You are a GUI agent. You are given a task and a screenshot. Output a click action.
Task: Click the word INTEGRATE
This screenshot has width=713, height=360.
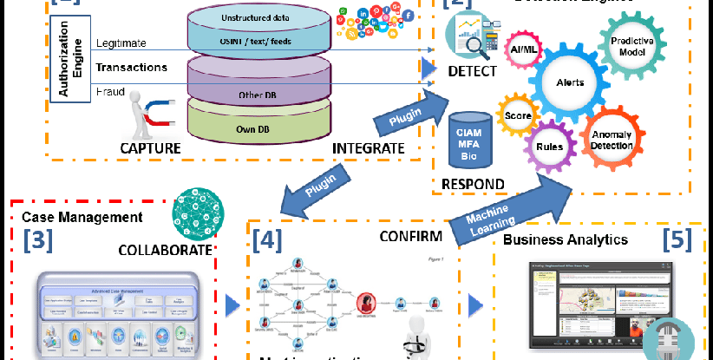pyautogui.click(x=369, y=148)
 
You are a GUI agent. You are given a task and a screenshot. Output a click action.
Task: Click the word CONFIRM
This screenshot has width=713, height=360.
pyautogui.click(x=411, y=235)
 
